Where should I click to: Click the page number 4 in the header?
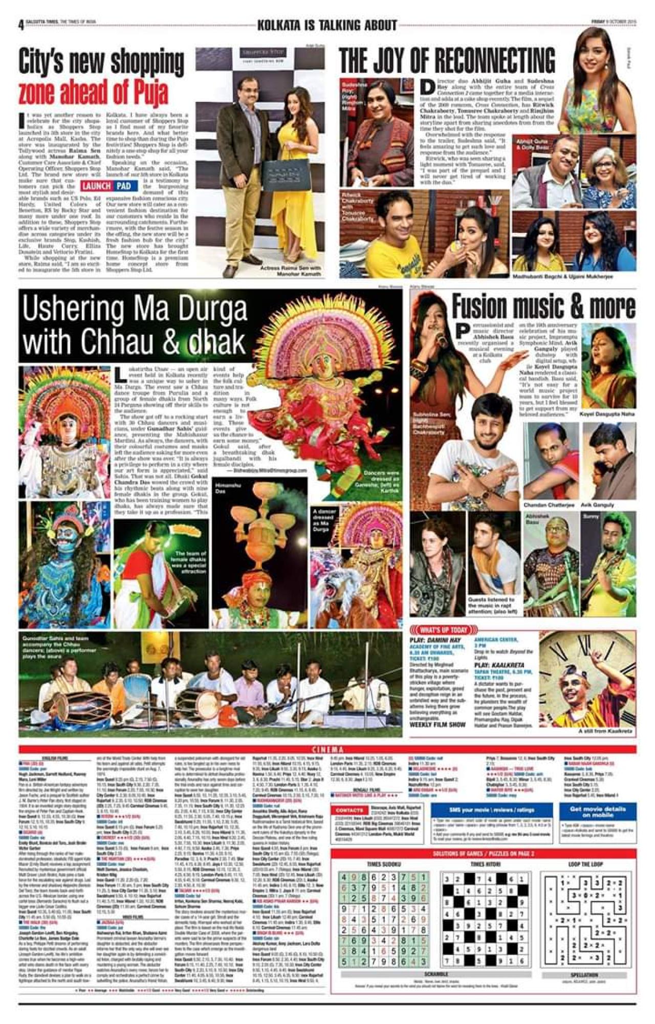coord(21,25)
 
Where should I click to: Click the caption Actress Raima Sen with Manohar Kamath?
coord(290,271)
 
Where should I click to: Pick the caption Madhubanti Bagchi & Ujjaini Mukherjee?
coord(564,276)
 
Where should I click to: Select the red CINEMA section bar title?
coord(327,750)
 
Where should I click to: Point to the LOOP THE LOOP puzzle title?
coord(586,864)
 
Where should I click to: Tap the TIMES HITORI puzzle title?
coord(485,864)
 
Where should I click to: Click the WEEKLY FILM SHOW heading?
coord(438,725)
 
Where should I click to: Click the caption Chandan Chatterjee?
coord(549,505)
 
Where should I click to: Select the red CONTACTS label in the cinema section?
coord(350,811)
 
